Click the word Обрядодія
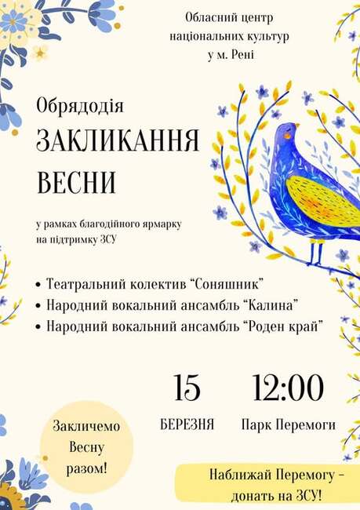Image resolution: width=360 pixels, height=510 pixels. coord(80,104)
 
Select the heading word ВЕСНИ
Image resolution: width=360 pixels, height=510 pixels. coord(76,182)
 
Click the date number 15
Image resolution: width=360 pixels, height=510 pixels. coord(187,388)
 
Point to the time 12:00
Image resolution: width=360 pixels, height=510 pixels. coord(288,388)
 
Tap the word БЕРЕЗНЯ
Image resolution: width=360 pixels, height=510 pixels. coord(187,425)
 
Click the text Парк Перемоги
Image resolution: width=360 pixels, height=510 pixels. coord(289,425)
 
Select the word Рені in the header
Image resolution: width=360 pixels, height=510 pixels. coord(241,55)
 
